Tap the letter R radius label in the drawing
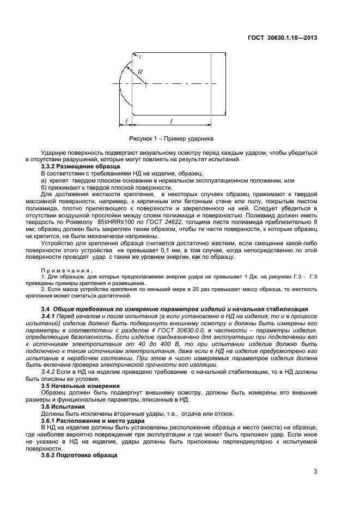(139, 71)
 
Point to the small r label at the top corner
(140, 56)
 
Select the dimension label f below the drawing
(126, 122)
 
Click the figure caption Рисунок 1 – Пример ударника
(171, 138)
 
